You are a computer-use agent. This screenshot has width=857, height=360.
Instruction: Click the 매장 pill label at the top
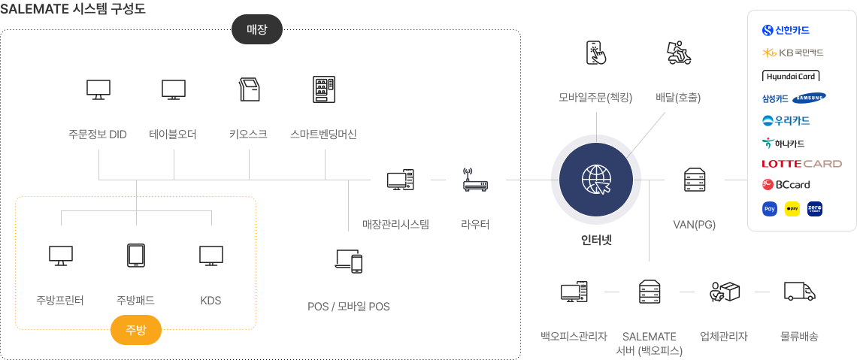point(257,30)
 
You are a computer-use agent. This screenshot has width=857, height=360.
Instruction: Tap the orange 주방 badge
point(136,329)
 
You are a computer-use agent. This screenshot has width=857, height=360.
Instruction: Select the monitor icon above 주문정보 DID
point(98,89)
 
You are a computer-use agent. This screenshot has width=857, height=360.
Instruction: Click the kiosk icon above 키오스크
point(249,89)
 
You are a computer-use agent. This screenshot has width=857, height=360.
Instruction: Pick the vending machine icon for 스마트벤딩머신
point(324,89)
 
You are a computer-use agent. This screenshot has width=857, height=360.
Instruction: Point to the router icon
point(475,180)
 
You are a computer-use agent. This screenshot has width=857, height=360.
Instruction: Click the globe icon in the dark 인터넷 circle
point(596,180)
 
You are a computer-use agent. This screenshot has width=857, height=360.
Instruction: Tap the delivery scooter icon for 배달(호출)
point(678,53)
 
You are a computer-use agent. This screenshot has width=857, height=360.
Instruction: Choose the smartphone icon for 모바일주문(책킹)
point(596,53)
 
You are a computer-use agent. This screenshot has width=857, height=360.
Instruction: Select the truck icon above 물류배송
point(800,291)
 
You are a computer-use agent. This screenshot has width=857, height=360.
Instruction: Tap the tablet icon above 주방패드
point(136,255)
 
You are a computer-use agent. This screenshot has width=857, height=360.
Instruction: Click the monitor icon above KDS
point(211,255)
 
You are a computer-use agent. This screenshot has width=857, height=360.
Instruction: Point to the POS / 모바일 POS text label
point(349,306)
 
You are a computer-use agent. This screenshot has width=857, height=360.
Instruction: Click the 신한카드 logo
point(786,31)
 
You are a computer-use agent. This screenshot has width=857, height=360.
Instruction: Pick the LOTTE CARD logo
point(801,164)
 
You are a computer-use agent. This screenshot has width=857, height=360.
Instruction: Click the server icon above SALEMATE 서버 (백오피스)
point(649,291)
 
